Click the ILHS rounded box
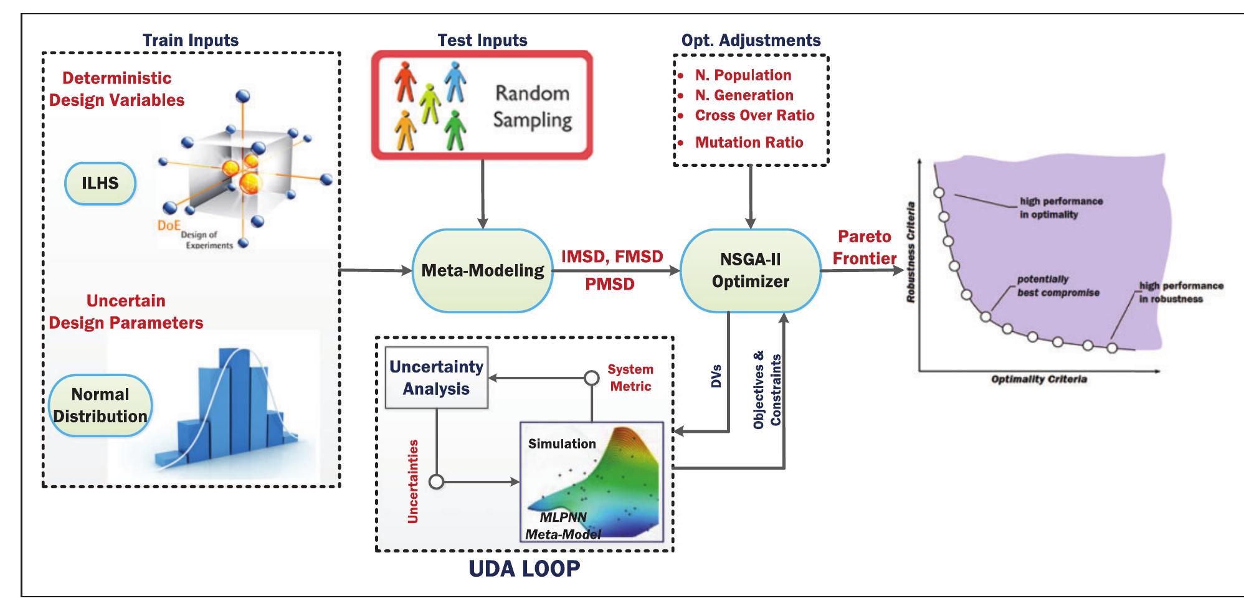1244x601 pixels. coord(100,183)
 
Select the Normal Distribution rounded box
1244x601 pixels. coord(100,405)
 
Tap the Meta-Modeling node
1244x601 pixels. coord(482,270)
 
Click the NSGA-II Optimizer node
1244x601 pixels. coord(750,270)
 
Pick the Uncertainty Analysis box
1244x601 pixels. coord(436,377)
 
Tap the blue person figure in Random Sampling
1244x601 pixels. coord(455,81)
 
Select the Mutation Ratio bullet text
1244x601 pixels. coord(749,142)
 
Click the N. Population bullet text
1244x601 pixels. coord(743,75)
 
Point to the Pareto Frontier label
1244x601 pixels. coord(865,247)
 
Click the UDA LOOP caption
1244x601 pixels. coord(524,567)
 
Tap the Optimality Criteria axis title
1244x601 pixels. coord(1038,379)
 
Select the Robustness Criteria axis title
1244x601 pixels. coord(911,252)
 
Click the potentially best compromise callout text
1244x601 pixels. coord(1058,286)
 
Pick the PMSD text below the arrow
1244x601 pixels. coord(610,285)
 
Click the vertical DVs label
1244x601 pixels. coord(716,376)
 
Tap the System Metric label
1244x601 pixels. coord(630,377)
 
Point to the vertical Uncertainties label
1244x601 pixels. coord(412,481)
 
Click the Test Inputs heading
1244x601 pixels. coord(482,40)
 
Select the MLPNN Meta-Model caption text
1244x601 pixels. coord(563,525)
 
